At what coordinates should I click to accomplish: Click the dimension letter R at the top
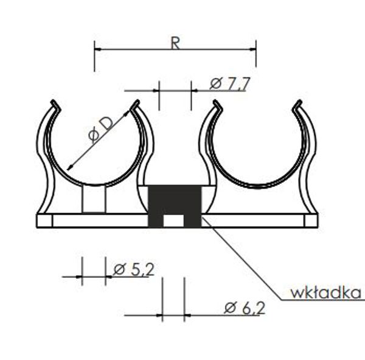176,43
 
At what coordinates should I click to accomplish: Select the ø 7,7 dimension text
230,83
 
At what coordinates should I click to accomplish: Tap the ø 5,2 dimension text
134,269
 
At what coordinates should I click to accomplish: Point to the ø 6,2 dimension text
245,308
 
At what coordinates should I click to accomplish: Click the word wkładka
326,292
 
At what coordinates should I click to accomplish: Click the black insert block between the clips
175,206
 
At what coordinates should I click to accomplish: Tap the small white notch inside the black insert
173,221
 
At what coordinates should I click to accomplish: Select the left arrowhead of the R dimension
97,49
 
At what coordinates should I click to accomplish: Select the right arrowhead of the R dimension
253,49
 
